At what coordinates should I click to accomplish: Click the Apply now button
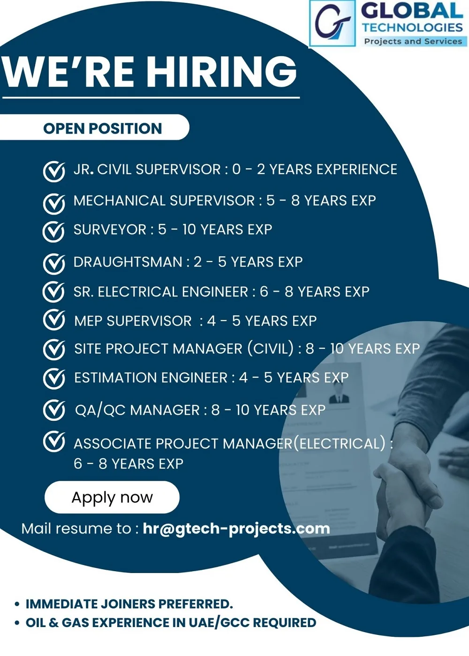[x=112, y=497]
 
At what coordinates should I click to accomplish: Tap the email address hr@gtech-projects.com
[x=236, y=529]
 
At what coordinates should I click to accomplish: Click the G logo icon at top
[x=332, y=23]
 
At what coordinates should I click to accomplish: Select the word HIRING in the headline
[x=222, y=72]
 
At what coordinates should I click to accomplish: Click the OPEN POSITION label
[x=102, y=128]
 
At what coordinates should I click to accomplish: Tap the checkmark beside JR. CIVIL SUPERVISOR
[x=54, y=171]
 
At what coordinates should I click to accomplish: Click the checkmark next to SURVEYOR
[x=53, y=231]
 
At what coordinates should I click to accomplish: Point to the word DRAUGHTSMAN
[x=128, y=262]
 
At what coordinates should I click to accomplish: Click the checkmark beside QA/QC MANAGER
[x=54, y=410]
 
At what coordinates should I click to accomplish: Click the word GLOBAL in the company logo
[x=412, y=11]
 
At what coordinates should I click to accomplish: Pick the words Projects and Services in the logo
[x=413, y=41]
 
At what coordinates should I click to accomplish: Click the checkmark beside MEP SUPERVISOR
[x=54, y=321]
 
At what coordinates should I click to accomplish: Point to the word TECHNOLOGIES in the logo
[x=412, y=28]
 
